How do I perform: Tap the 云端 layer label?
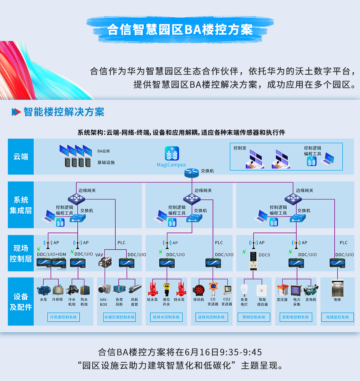click(x=21, y=157)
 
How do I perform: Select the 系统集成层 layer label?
click(x=21, y=205)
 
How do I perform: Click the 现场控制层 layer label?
click(x=21, y=253)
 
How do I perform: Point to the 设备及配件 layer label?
click(x=21, y=302)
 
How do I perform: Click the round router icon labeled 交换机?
click(x=191, y=172)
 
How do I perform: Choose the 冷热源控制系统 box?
click(x=63, y=317)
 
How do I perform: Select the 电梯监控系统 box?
click(x=337, y=317)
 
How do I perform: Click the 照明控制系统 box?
click(x=254, y=317)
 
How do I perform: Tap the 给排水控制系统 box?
click(x=166, y=317)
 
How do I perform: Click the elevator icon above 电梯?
click(x=337, y=289)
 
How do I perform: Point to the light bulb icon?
click(x=244, y=290)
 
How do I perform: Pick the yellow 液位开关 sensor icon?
click(x=166, y=289)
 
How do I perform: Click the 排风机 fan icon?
click(x=199, y=290)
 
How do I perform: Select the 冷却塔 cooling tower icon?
click(x=58, y=289)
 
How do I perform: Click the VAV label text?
click(x=99, y=255)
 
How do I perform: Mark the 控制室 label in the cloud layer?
click(x=240, y=148)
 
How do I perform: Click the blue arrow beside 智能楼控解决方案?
click(x=16, y=112)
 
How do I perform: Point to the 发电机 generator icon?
click(x=311, y=289)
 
